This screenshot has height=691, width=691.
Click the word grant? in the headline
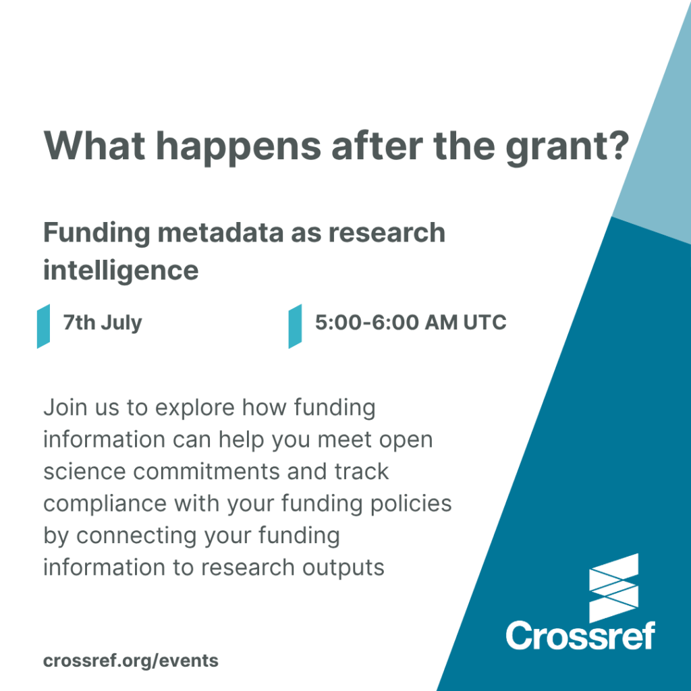(568, 148)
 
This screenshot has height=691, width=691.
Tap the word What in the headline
(94, 146)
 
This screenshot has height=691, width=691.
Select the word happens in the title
(238, 148)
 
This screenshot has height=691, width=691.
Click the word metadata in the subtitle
(221, 232)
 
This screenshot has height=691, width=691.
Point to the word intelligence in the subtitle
(121, 271)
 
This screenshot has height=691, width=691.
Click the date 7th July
(103, 323)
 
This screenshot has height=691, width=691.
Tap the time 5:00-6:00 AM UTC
(411, 322)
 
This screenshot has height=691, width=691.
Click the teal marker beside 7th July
(43, 326)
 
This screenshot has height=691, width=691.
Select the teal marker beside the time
(296, 326)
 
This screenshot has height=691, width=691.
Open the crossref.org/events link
(131, 661)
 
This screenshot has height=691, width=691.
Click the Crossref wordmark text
(580, 635)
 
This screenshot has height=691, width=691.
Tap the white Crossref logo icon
(614, 588)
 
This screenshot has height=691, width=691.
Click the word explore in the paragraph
(195, 408)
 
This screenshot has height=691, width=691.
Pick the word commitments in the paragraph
(206, 472)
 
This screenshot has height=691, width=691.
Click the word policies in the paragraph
(411, 504)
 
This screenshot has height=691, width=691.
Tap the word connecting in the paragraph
(137, 536)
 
